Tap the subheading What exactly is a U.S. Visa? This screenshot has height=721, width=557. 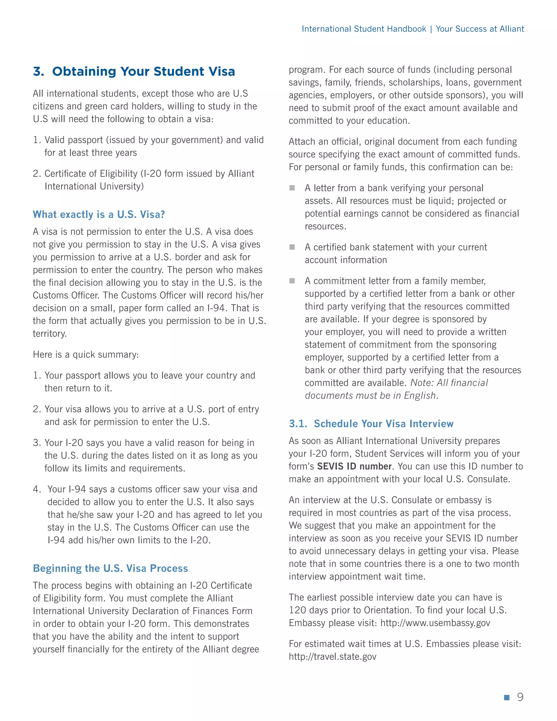pyautogui.click(x=99, y=215)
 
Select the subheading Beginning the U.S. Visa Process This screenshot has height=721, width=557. pyautogui.click(x=110, y=568)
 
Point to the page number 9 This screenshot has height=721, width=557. pyautogui.click(x=520, y=697)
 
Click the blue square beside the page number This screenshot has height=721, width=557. pyautogui.click(x=507, y=697)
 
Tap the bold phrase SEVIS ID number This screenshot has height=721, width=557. pyautogui.click(x=354, y=466)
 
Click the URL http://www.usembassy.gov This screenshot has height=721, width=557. pyautogui.click(x=435, y=623)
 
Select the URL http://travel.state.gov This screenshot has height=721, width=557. pyautogui.click(x=332, y=657)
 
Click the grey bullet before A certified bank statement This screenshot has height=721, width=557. pyautogui.click(x=292, y=247)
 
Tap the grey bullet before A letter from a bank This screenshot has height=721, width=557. pyautogui.click(x=292, y=188)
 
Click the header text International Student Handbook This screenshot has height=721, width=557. pyautogui.click(x=364, y=29)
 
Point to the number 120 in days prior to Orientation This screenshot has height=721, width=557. pyautogui.click(x=297, y=610)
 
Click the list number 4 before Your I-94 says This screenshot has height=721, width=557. pyautogui.click(x=36, y=489)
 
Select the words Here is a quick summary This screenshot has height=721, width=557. pyautogui.click(x=86, y=355)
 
